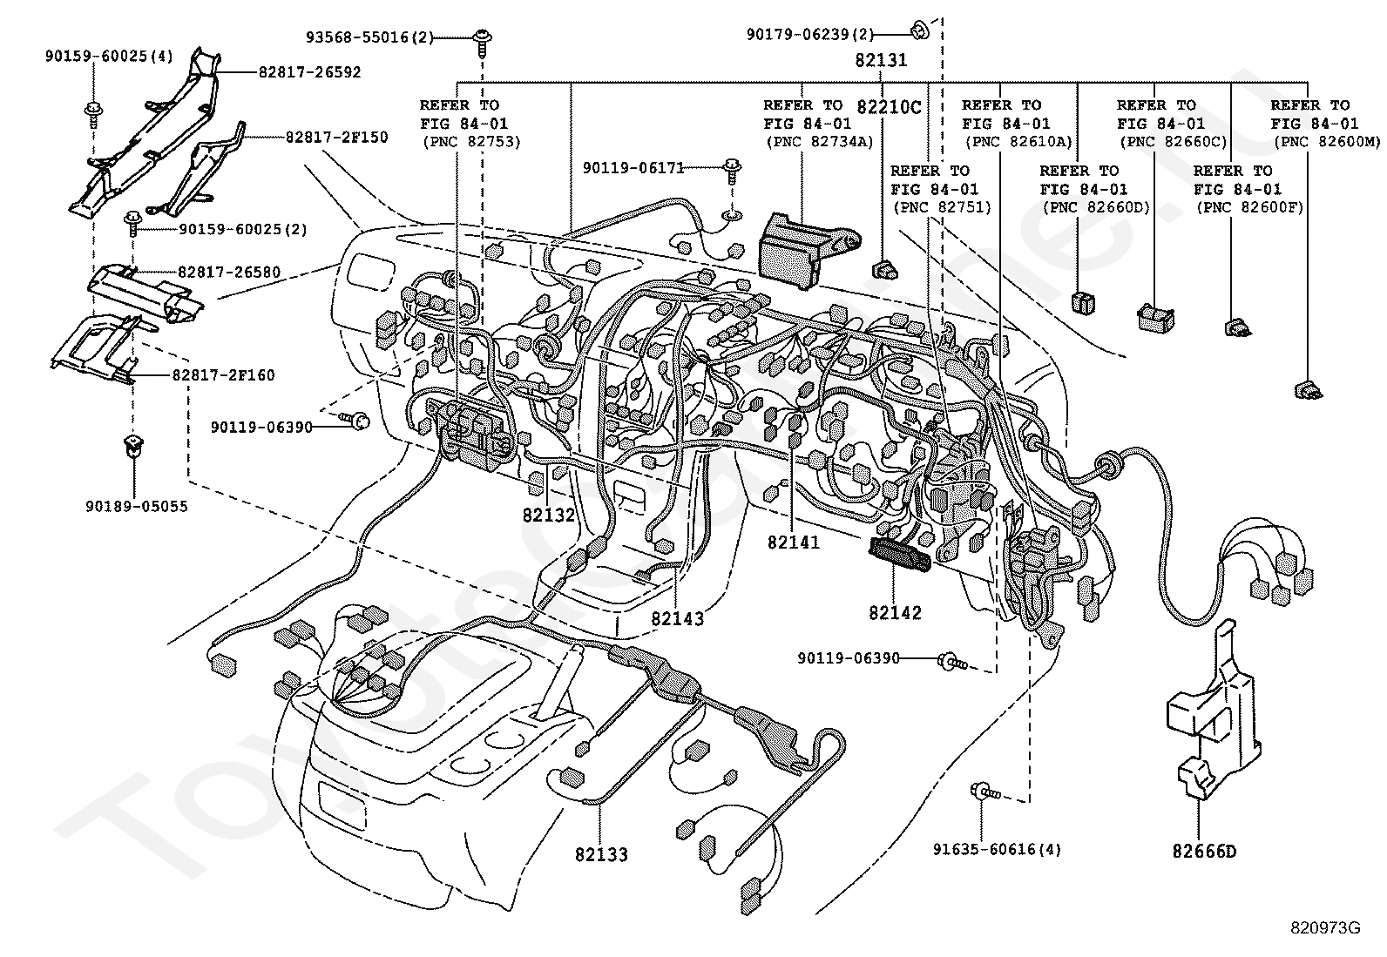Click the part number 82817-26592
coord(309,72)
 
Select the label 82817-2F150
coord(337,137)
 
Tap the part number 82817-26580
coord(229,272)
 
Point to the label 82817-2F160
coord(223,375)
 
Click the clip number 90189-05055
coord(137,506)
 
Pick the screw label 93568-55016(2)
coord(369,37)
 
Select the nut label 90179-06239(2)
coord(810,34)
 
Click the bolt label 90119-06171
coord(633,168)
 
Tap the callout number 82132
coord(549,515)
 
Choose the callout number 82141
coord(793,543)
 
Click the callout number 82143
coord(678,618)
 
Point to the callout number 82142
coord(896,613)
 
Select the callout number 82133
coord(601,855)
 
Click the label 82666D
coord(1204,852)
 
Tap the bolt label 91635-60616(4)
coord(997,849)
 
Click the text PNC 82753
coord(472,142)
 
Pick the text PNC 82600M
coord(1327,142)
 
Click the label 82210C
coord(890,107)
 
